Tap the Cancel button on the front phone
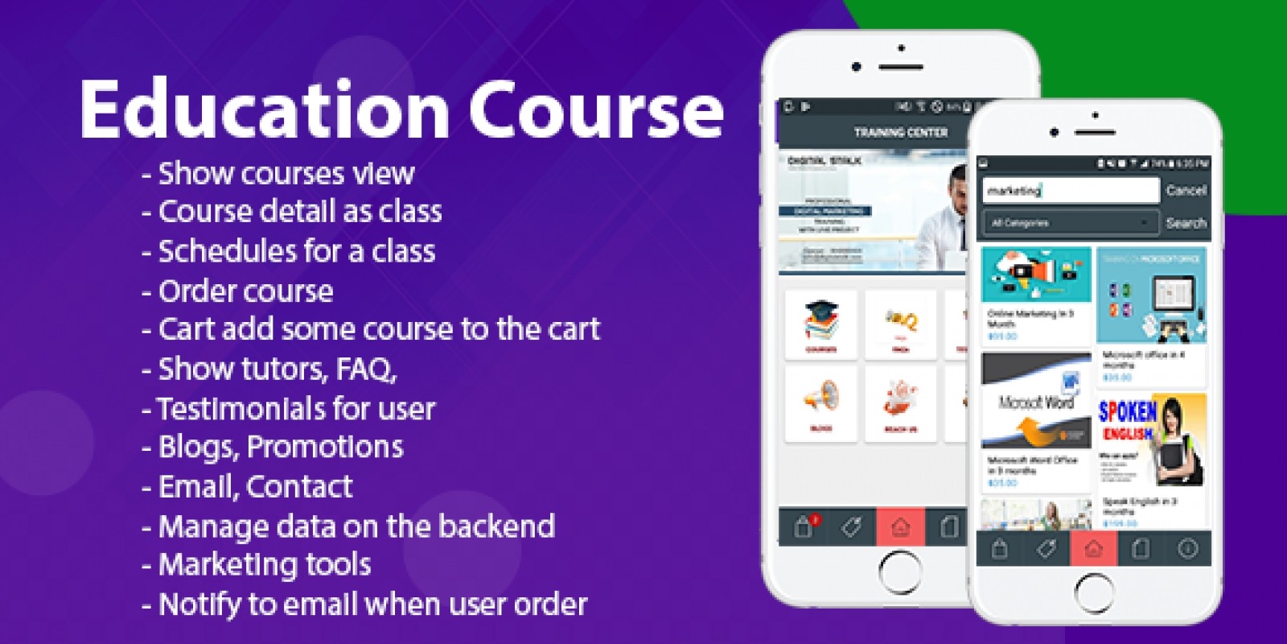(1186, 191)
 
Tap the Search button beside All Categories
(1186, 223)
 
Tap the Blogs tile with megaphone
(820, 403)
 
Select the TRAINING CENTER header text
(900, 132)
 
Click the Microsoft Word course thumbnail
(1035, 401)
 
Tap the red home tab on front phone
(1093, 549)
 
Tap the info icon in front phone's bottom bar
(1187, 549)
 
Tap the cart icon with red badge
(804, 527)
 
